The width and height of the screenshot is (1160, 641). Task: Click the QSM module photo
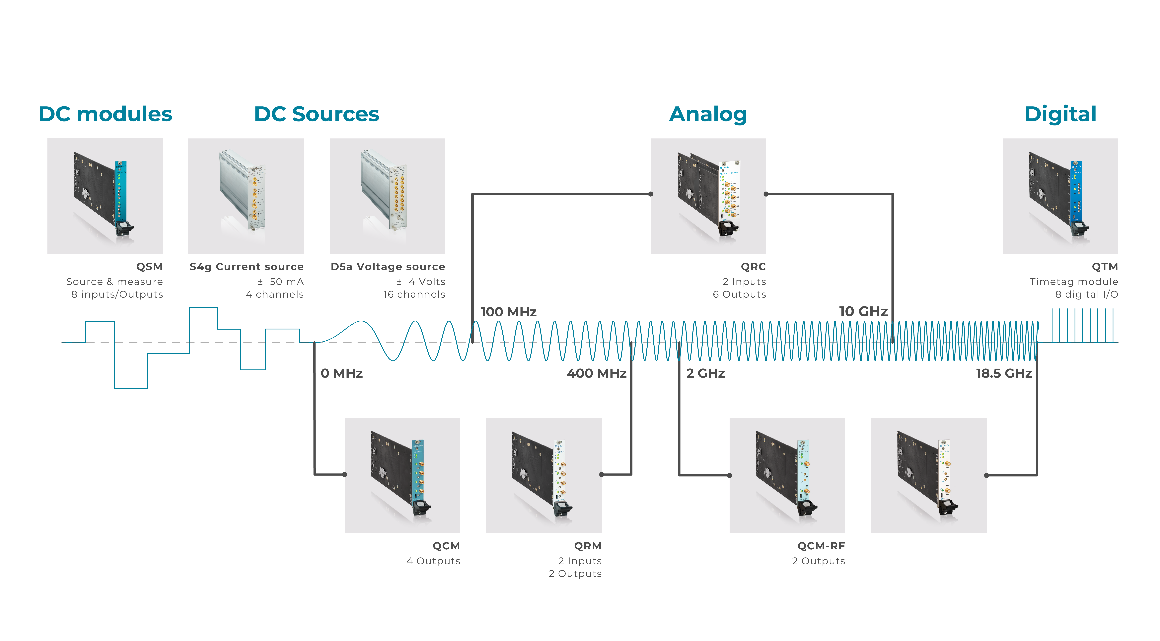point(105,196)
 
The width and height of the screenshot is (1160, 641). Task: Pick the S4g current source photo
point(246,196)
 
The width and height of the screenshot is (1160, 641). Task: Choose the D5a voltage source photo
point(387,196)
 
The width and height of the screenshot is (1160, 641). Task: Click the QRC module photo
point(708,196)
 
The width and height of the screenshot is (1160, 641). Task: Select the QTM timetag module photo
point(1060,196)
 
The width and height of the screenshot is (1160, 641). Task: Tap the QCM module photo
point(402,476)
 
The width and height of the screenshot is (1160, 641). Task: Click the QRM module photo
point(544,476)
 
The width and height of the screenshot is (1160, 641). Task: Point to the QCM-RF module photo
point(787,476)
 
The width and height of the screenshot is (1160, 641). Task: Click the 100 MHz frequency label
point(508,312)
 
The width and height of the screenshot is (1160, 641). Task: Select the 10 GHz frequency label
point(863,311)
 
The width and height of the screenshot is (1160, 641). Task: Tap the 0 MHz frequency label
point(342,373)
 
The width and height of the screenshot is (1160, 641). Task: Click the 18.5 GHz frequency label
point(1004,373)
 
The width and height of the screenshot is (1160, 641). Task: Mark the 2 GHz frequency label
point(705,373)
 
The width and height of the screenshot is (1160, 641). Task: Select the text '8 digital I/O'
point(1086,295)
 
